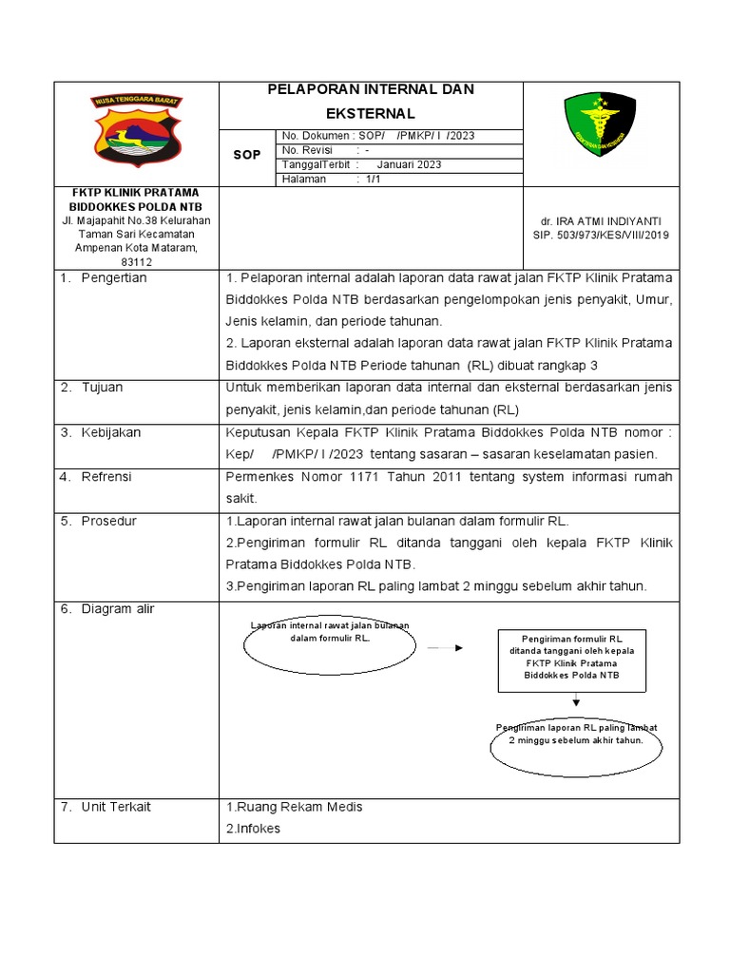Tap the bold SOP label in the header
click(x=246, y=154)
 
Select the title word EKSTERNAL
click(x=372, y=112)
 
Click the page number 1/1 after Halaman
click(x=367, y=179)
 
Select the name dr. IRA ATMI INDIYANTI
click(x=601, y=220)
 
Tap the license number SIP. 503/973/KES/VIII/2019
click(x=601, y=235)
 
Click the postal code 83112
click(x=137, y=262)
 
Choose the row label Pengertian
click(x=114, y=278)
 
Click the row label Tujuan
click(x=102, y=388)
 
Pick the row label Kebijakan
click(x=110, y=432)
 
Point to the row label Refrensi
click(x=106, y=476)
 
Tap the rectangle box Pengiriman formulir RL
click(x=571, y=658)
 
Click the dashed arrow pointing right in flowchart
click(x=444, y=648)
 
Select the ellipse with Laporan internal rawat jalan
click(x=330, y=644)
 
